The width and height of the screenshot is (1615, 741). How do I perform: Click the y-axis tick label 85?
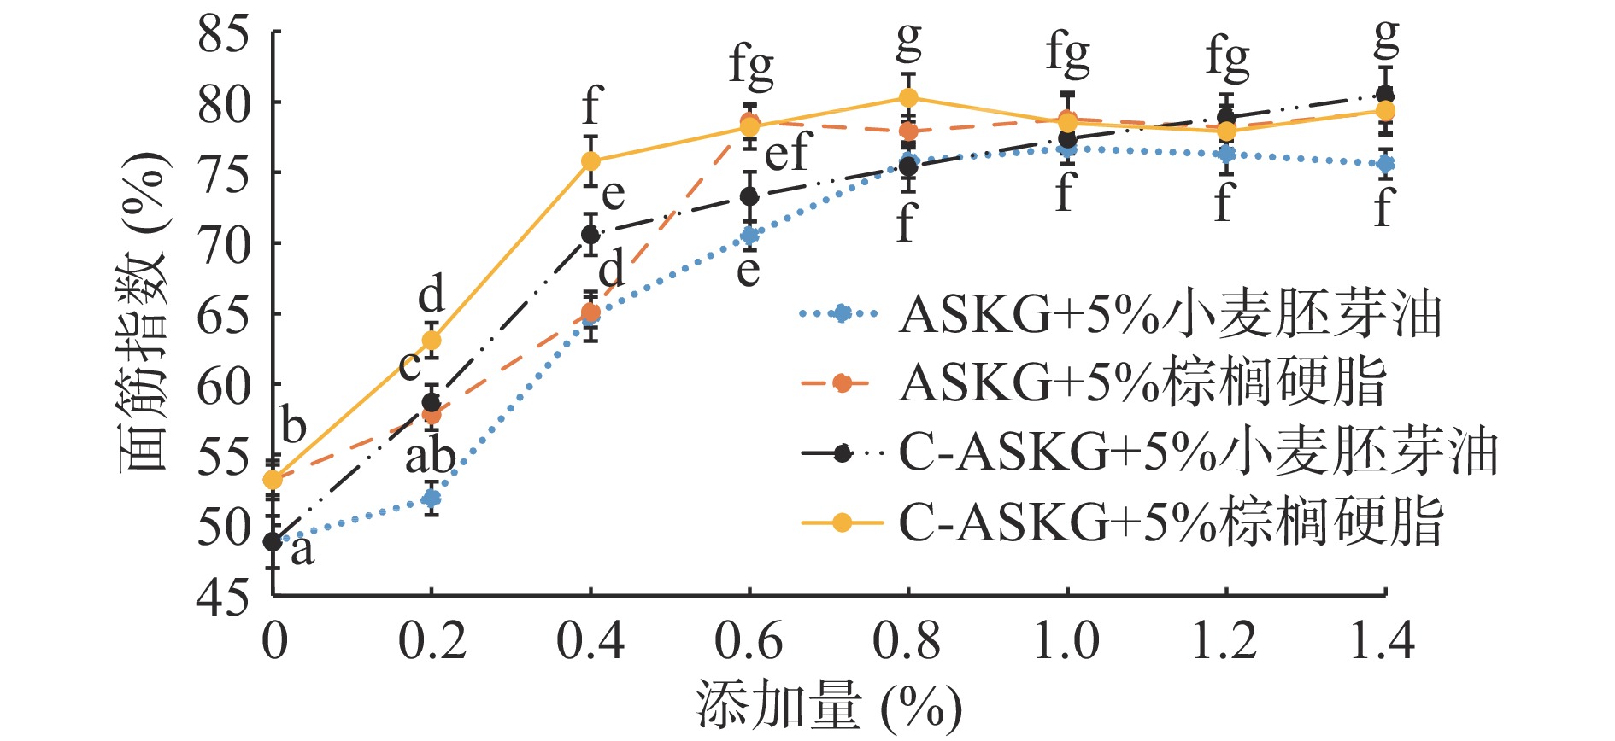223,34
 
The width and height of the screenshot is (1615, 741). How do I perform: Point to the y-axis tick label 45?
223,597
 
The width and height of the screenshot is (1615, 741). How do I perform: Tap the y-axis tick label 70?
223,245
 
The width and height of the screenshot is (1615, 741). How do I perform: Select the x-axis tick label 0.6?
749,640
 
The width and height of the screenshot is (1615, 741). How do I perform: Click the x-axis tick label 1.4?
1383,640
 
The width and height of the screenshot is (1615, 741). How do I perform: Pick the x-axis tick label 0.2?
432,640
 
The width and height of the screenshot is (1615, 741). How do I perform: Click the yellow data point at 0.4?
590,160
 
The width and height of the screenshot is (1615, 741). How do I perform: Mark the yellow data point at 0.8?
908,97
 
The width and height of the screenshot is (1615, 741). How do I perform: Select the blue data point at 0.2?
432,498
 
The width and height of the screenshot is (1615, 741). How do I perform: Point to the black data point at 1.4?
1385,94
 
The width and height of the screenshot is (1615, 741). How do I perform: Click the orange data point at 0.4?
590,312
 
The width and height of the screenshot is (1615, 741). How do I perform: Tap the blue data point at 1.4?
1385,163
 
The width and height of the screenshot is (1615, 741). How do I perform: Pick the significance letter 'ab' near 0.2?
430,457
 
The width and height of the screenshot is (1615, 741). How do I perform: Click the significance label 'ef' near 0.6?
786,154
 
